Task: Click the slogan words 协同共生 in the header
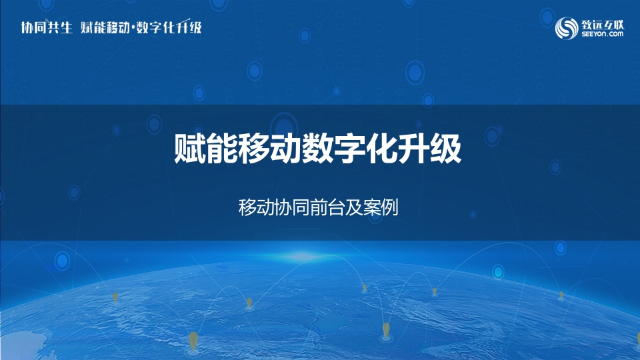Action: tap(47, 27)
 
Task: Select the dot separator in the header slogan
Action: tap(133, 28)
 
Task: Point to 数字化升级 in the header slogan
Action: tap(169, 27)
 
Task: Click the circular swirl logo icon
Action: tap(567, 28)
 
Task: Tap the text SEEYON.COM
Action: tap(603, 34)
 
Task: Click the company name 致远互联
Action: tap(603, 24)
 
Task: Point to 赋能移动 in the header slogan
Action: tap(105, 27)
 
